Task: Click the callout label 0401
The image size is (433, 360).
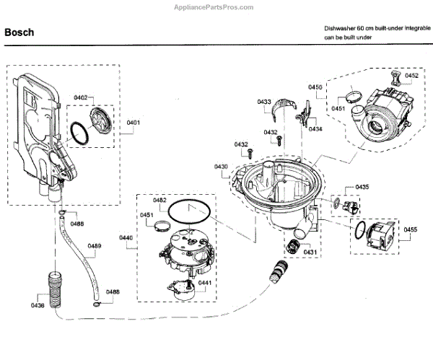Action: tap(134, 123)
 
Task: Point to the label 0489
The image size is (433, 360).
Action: tap(95, 246)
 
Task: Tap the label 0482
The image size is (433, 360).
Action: tap(159, 200)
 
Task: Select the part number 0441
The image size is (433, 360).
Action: tap(204, 282)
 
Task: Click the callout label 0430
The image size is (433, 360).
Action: tap(221, 167)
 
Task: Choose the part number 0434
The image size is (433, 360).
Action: tap(315, 129)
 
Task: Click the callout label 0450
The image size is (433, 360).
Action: tap(315, 87)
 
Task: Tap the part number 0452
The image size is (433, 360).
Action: tap(411, 75)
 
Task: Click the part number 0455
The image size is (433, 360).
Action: tap(410, 230)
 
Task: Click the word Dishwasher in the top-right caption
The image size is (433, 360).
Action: tap(340, 27)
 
